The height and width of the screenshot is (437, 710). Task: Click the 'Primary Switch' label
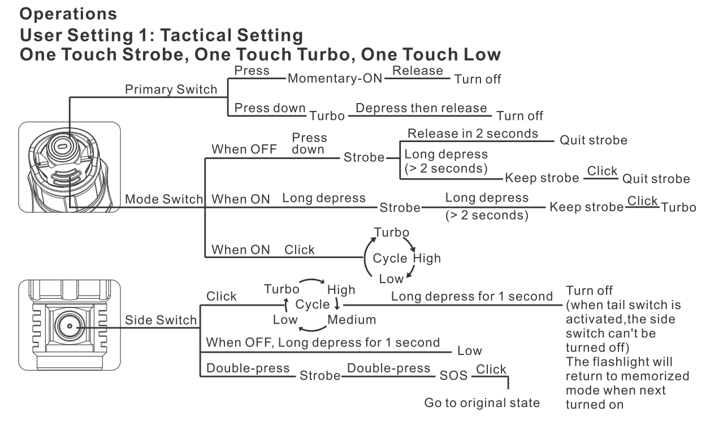point(171,89)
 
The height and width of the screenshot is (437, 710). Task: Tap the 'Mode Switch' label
point(164,199)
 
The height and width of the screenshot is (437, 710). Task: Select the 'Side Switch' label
point(161,320)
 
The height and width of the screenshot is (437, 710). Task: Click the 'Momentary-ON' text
point(335,78)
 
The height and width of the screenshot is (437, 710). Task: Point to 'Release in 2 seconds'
point(473,134)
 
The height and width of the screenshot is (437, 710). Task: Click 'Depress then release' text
point(421,108)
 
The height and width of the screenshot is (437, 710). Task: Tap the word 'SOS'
point(453,375)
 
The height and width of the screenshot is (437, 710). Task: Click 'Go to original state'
point(482,403)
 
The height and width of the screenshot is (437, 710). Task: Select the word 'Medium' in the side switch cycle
point(352,320)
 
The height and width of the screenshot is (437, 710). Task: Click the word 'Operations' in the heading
point(68,14)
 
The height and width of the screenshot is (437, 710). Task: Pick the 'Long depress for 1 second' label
point(471,297)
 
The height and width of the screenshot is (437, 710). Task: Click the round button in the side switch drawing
point(70,326)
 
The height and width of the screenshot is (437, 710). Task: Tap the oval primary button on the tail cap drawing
point(62,147)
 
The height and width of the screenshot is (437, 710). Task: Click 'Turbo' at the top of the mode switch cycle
point(391,232)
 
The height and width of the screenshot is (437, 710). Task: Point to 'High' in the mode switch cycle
point(427,258)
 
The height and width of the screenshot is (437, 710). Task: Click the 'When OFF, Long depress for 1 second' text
point(323,342)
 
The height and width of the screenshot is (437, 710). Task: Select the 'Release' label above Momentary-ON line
point(417,70)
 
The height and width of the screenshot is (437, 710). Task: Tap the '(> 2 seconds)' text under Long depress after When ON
point(487,215)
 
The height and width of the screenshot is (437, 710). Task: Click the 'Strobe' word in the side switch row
point(320,376)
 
